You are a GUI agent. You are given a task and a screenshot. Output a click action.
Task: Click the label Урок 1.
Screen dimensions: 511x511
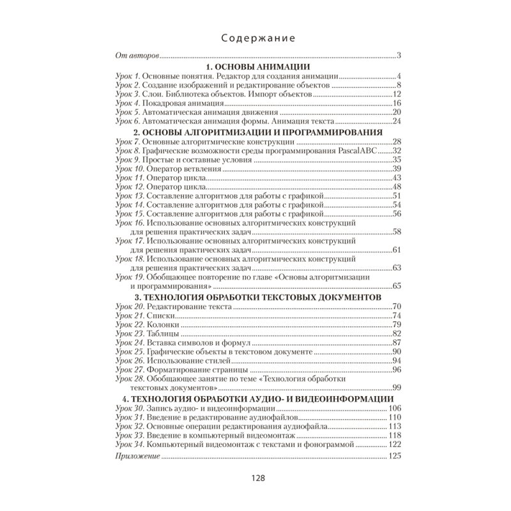tap(128, 76)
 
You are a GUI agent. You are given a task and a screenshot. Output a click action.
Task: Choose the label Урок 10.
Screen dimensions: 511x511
tap(130, 169)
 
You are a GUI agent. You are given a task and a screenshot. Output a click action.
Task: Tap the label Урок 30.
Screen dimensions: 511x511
tap(130, 408)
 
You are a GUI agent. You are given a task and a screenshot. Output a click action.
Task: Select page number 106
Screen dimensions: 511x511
tap(393, 408)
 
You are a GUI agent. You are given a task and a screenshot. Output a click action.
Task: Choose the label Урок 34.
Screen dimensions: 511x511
tap(130, 443)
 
